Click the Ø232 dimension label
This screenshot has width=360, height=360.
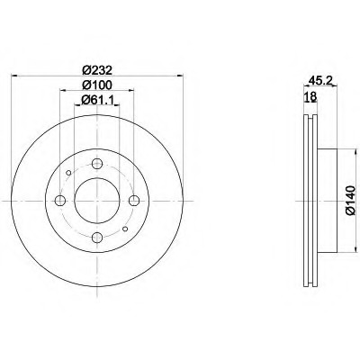[x=97, y=70]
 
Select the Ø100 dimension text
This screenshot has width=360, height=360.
[x=97, y=85]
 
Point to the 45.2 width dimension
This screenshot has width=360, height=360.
[x=319, y=80]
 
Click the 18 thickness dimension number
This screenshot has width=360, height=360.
[x=310, y=96]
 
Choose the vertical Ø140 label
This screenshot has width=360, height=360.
[x=350, y=200]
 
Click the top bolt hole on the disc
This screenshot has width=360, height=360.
[x=97, y=164]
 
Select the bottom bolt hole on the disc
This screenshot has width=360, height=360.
[x=97, y=238]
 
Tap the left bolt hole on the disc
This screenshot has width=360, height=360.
[x=60, y=201]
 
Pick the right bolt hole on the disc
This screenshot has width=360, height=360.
[x=134, y=201]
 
